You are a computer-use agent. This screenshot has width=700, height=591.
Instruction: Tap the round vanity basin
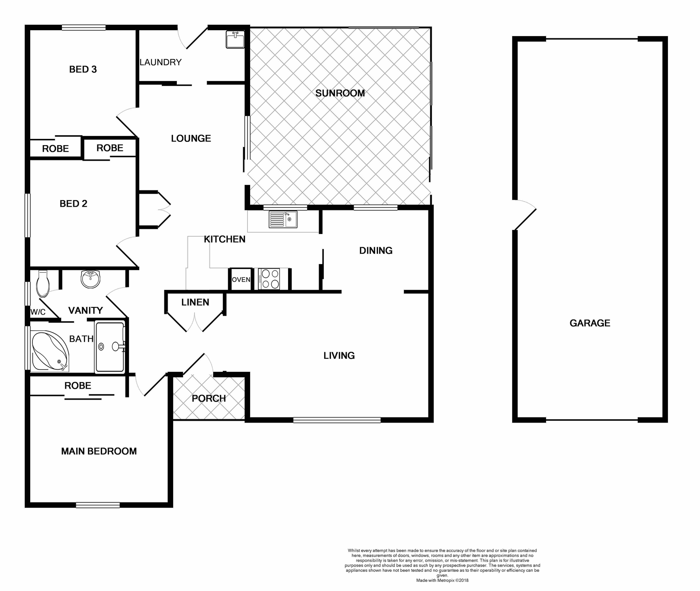click(x=90, y=279)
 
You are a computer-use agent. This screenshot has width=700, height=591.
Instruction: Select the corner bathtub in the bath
click(x=50, y=351)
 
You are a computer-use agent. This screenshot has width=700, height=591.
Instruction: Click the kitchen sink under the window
click(x=283, y=219)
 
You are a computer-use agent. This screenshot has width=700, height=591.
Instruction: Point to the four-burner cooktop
click(x=269, y=279)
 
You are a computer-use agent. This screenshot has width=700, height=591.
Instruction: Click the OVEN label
click(x=241, y=280)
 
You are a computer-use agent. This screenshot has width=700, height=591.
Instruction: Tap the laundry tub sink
click(x=235, y=39)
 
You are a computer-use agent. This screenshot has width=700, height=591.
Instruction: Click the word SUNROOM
click(x=340, y=93)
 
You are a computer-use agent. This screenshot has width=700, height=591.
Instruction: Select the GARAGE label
click(x=590, y=323)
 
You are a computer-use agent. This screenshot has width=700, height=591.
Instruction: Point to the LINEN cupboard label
click(x=195, y=302)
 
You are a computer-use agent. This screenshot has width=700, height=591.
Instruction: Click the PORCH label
click(x=209, y=398)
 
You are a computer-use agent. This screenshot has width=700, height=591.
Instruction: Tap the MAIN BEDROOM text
click(x=99, y=451)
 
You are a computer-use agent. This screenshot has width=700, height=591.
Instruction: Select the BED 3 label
click(x=83, y=69)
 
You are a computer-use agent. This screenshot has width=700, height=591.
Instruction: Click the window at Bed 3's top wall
click(x=83, y=27)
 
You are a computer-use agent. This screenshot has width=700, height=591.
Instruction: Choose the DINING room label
click(x=376, y=250)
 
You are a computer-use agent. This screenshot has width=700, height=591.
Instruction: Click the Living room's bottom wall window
click(x=337, y=420)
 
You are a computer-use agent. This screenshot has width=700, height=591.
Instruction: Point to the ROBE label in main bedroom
click(x=78, y=386)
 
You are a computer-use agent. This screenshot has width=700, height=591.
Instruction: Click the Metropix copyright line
click(x=442, y=580)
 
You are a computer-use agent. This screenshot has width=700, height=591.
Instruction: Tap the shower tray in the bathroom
click(x=110, y=347)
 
